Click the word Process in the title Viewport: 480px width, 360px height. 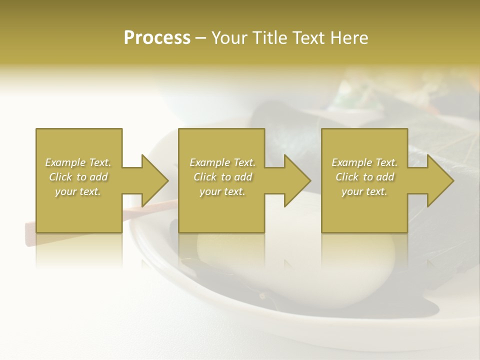(157, 38)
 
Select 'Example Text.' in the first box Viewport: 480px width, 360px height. (78, 162)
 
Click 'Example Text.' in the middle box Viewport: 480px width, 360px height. (222, 162)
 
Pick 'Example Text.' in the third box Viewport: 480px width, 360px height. (364, 162)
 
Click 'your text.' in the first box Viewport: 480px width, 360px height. (78, 191)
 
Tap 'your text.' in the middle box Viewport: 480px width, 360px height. (222, 191)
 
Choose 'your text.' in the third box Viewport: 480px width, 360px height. (364, 191)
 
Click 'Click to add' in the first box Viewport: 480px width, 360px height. (78, 177)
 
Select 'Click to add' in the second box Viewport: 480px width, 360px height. (222, 177)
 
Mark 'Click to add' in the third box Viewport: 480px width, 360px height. (364, 177)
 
